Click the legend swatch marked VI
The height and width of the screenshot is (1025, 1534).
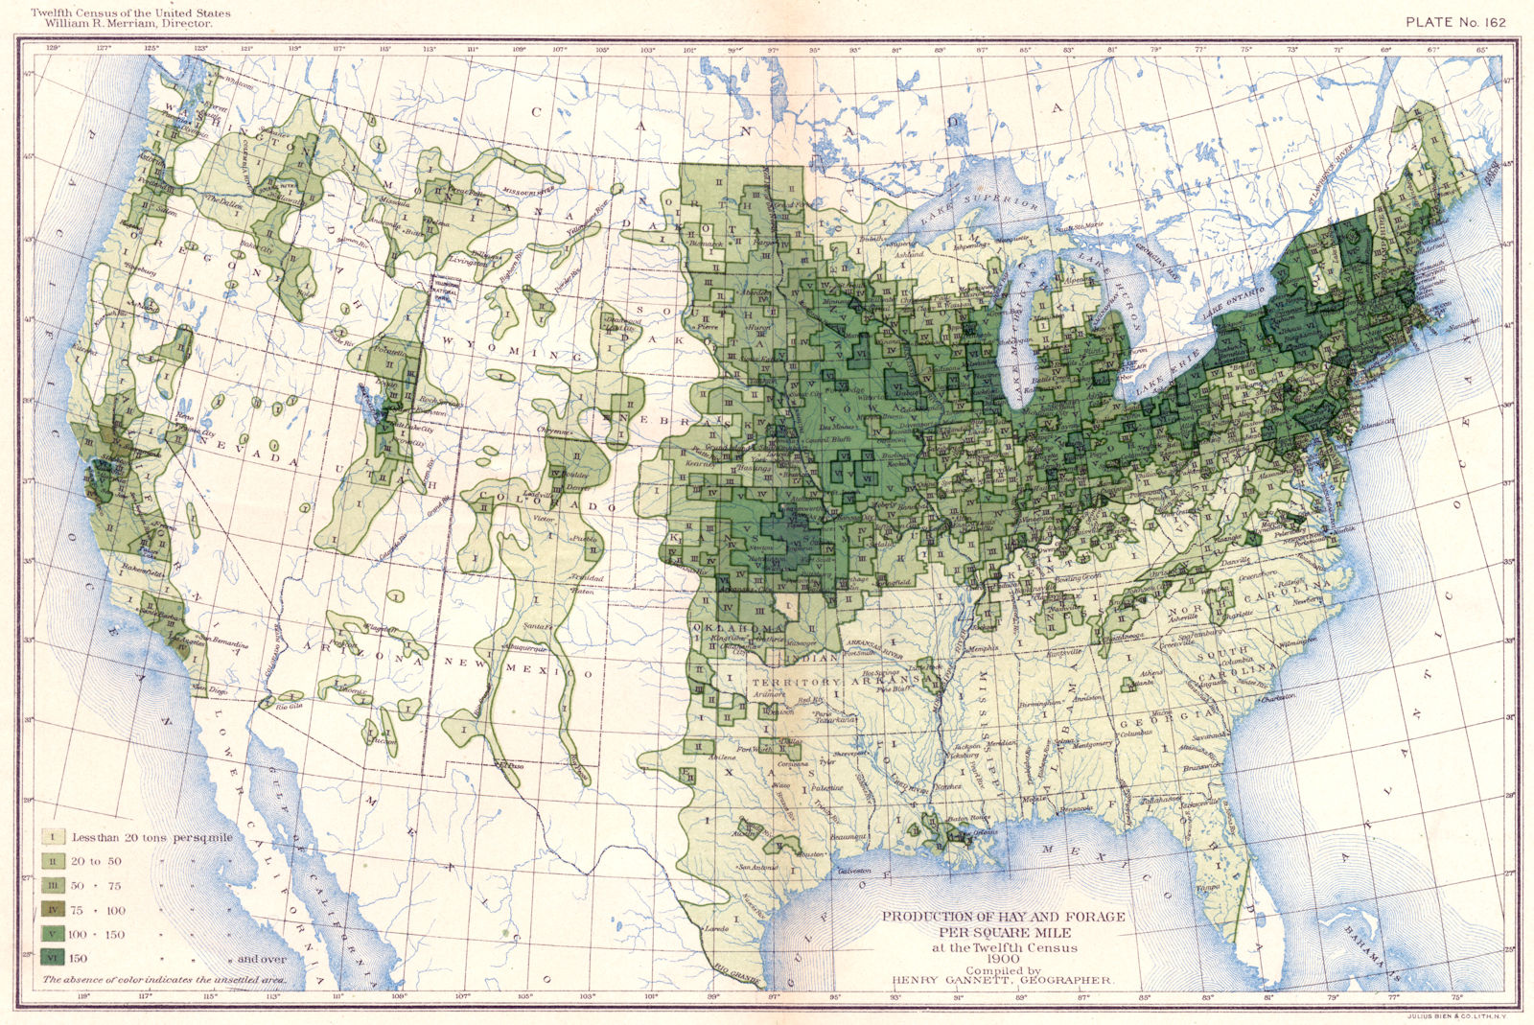point(52,957)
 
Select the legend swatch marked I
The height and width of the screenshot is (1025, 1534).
point(52,837)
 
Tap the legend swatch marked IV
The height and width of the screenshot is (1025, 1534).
point(52,909)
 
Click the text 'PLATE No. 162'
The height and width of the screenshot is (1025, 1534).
point(1455,22)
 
